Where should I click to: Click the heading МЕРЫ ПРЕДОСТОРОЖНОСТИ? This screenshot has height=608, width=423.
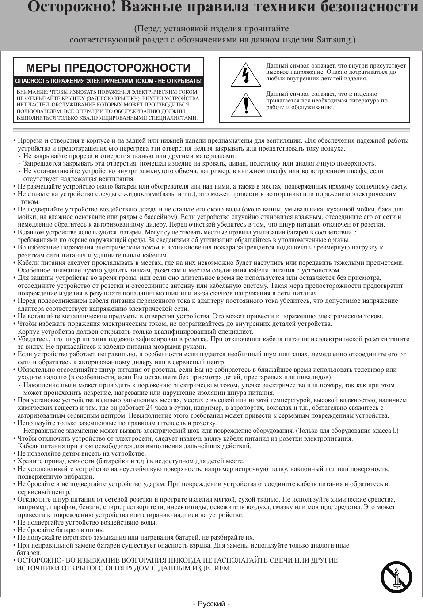coord(108,68)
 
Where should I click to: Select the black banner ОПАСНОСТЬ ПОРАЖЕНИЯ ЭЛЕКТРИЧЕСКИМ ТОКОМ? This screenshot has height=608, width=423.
coord(108,81)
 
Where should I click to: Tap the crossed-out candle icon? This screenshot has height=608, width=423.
coord(396,578)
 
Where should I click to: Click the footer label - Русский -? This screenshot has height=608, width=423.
coord(211,604)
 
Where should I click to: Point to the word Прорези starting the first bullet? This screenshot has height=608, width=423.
coord(30,141)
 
